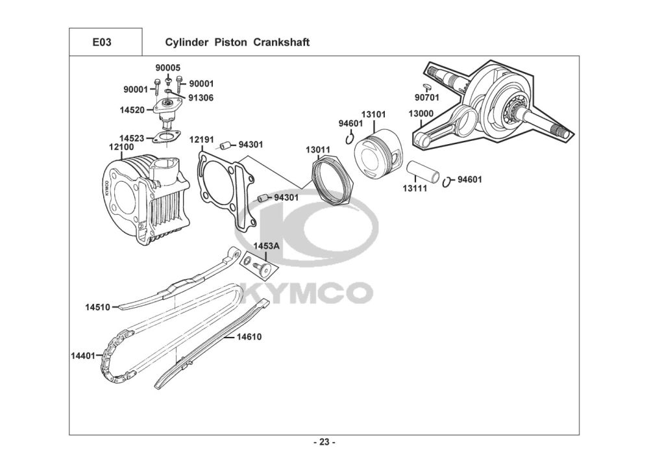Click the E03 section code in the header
click(102, 43)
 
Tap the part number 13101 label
click(373, 115)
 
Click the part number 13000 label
click(421, 114)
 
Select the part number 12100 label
click(121, 148)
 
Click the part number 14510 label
click(97, 306)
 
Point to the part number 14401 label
click(83, 355)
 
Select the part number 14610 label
click(249, 337)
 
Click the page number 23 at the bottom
click(324, 443)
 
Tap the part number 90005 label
click(167, 68)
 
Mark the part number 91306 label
click(201, 98)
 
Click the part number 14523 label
click(132, 138)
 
